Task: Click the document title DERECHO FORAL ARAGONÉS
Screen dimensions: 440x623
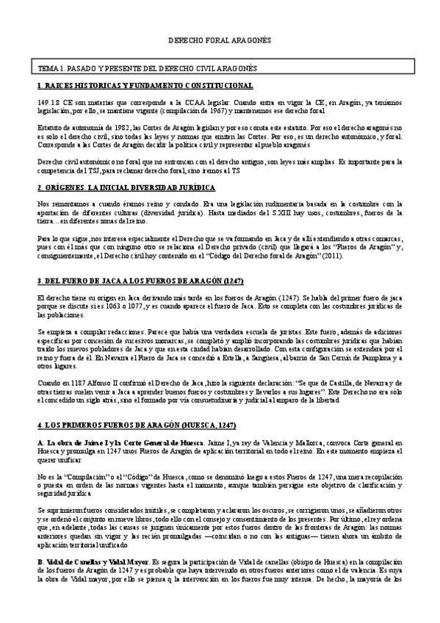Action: coord(220,42)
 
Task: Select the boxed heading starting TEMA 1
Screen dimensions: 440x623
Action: coord(147,68)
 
